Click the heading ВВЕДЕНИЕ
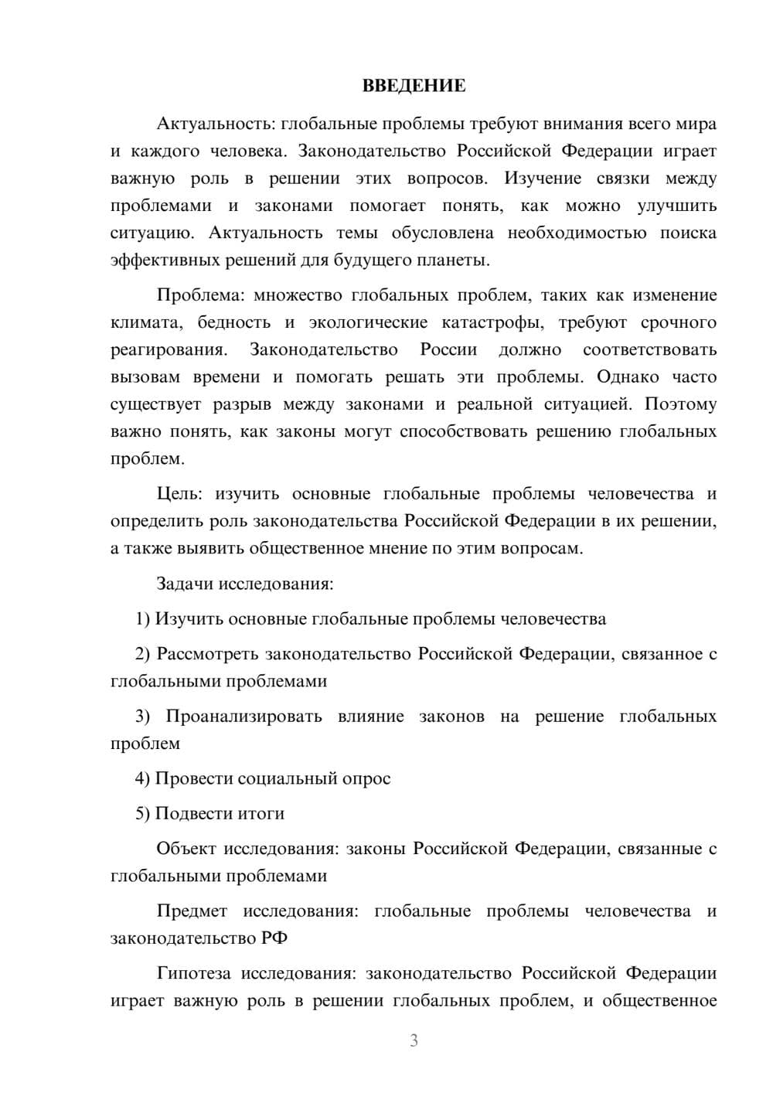(414, 86)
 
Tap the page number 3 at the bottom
(414, 1041)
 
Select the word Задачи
(185, 584)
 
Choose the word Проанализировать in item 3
(243, 717)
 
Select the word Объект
(186, 849)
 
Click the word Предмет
(192, 911)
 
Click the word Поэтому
(681, 404)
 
